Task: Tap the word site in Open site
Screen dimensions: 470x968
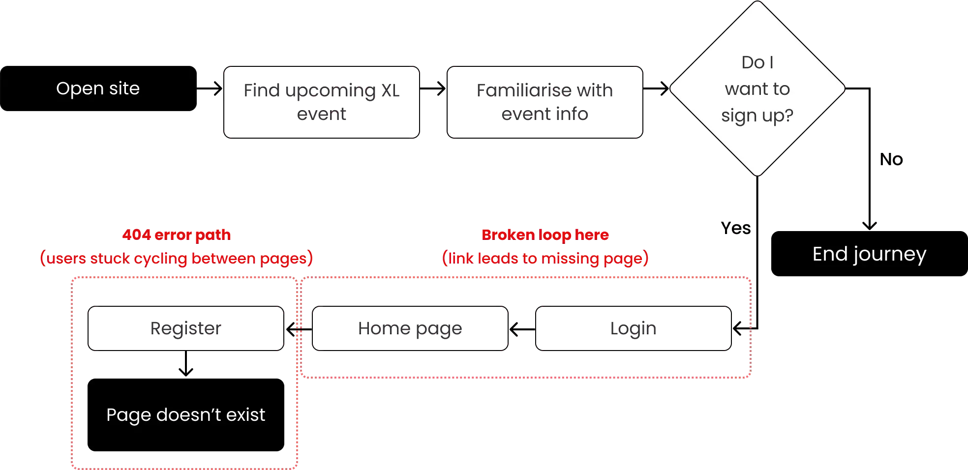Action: coord(124,88)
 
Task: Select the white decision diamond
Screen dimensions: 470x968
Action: coord(757,88)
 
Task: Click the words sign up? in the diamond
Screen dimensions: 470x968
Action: coord(757,116)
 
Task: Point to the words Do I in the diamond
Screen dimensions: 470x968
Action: coord(757,62)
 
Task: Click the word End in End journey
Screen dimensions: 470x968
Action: coord(831,254)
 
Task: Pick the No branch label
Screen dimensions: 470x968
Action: coord(890,158)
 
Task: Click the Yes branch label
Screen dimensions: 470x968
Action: coord(736,228)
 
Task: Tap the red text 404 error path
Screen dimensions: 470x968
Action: coord(177,235)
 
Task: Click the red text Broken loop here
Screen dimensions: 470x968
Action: coord(545,235)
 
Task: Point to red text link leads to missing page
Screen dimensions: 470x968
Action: coord(545,258)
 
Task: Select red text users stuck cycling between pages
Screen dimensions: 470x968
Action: coord(177,258)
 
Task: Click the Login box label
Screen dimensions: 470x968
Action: coord(633,327)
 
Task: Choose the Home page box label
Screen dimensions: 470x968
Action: coord(410,327)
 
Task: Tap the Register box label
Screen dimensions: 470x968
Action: coord(186,327)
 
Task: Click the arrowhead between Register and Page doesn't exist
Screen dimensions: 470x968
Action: coord(186,373)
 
